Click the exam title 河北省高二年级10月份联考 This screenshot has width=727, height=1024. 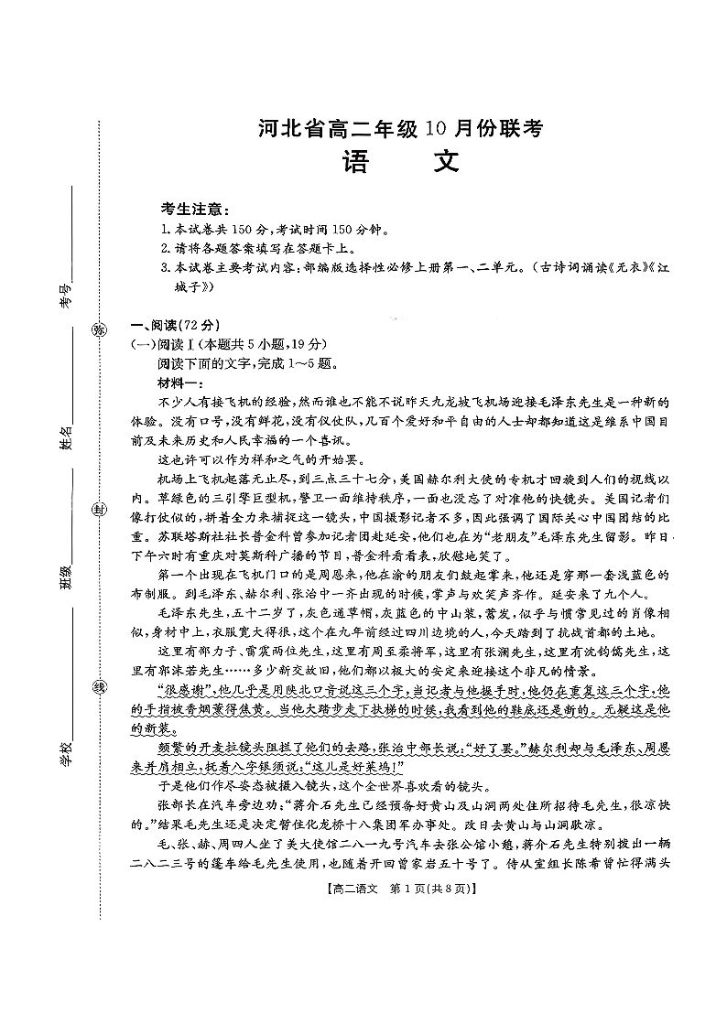tap(401, 129)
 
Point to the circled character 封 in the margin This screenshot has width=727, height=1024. tap(97, 510)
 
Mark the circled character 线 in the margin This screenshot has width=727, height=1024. tap(97, 688)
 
